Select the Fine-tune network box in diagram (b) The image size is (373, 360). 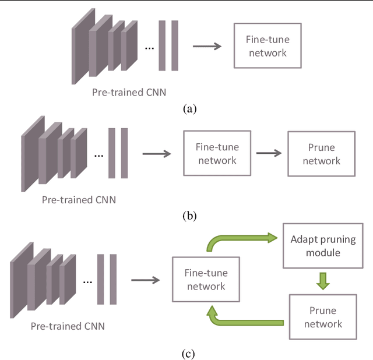tap(217, 153)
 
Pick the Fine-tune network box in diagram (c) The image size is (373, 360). tap(205, 280)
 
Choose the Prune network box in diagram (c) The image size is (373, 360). tap(322, 317)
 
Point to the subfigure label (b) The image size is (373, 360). tap(189, 216)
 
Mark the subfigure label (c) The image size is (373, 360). tap(189, 353)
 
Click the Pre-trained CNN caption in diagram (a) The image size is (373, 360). tap(129, 92)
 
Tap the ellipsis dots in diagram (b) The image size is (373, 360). tap(98, 155)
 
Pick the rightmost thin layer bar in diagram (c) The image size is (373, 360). tap(113, 279)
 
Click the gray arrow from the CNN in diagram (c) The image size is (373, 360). tap(145, 280)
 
